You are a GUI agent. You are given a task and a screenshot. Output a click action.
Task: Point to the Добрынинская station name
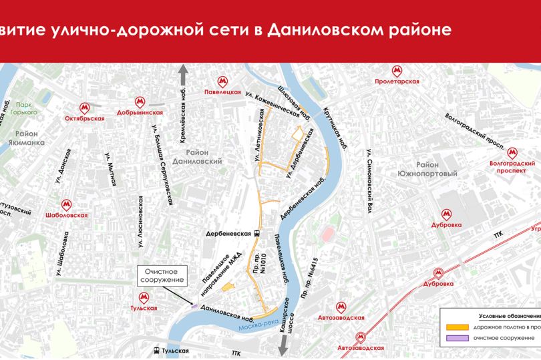tap(140, 113)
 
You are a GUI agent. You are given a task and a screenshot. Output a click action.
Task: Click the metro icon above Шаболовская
tap(66, 204)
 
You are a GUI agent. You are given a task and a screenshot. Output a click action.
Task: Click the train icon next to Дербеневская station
tap(257, 233)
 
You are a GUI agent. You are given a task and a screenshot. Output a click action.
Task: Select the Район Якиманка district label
tap(29, 138)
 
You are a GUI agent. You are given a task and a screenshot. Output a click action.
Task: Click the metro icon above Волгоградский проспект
tap(512, 152)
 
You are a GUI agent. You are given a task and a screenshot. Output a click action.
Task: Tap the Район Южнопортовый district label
tap(437, 169)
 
